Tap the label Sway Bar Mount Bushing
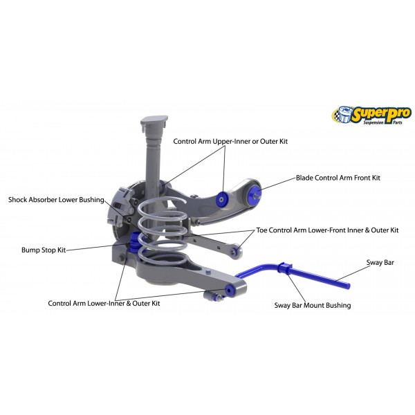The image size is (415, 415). (x=313, y=305)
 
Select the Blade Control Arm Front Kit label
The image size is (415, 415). (x=338, y=178)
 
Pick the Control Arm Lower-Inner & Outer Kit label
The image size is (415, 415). (x=104, y=303)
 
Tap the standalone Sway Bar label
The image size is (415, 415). (x=380, y=263)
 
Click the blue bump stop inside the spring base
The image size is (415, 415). (x=136, y=242)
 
